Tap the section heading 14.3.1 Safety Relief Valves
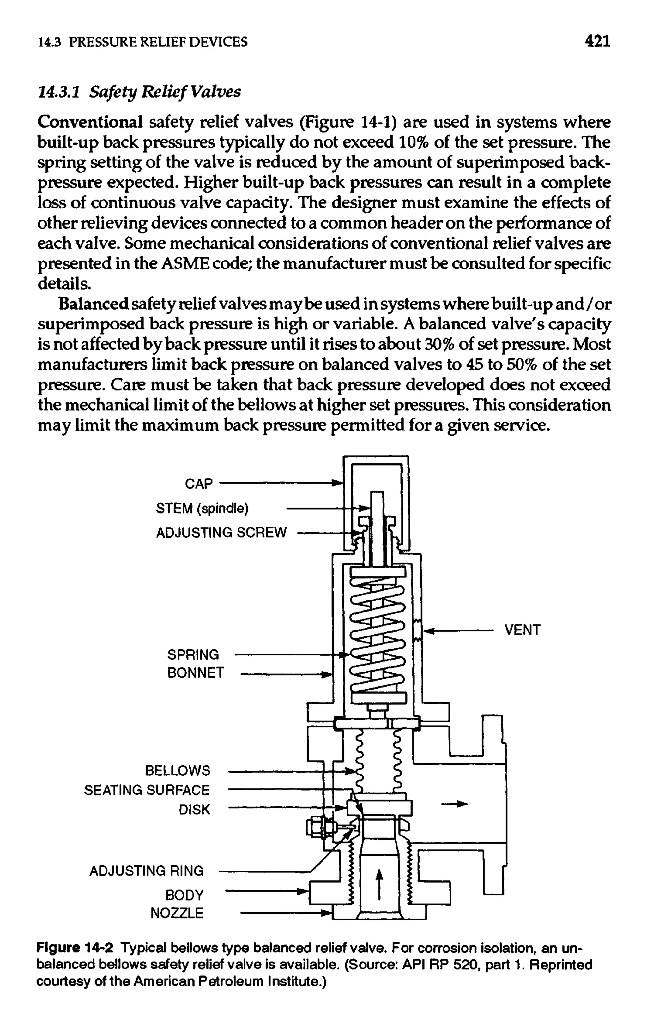click(x=139, y=91)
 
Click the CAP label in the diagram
click(x=199, y=484)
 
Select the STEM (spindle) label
click(x=202, y=509)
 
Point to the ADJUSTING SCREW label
click(x=221, y=533)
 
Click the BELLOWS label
click(x=177, y=770)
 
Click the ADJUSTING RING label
click(x=146, y=871)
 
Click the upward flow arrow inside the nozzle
click(x=379, y=885)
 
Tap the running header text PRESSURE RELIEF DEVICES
click(x=158, y=42)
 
